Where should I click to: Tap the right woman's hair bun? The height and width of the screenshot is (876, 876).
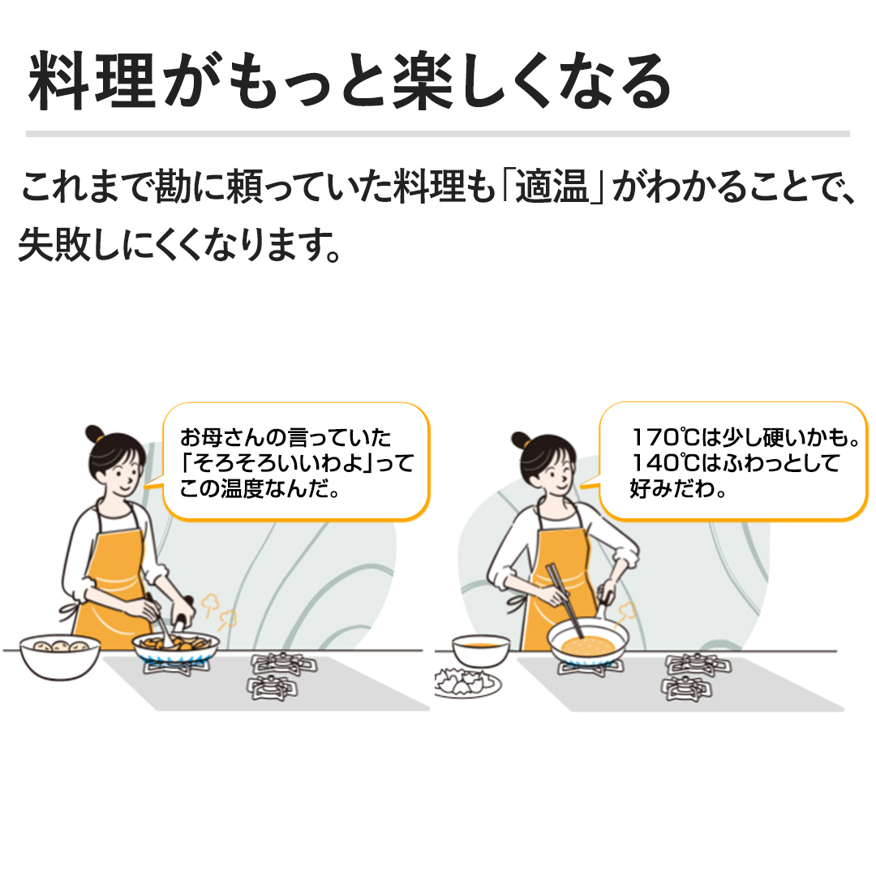click(521, 440)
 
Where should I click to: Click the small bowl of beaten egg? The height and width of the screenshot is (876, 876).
click(480, 648)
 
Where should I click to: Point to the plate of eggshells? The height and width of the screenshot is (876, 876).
click(467, 683)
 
